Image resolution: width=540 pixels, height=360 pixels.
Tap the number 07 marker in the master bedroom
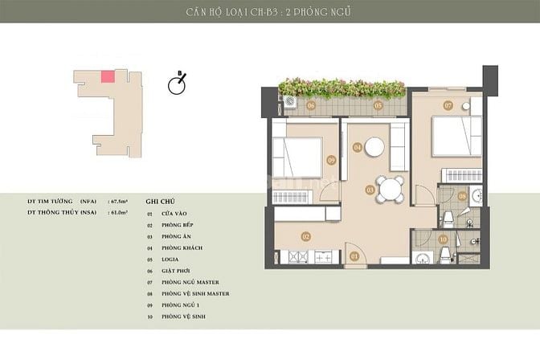tap(448, 105)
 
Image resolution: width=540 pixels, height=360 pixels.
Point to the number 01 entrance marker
tap(355, 256)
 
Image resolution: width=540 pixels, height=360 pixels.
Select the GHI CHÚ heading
tap(160, 202)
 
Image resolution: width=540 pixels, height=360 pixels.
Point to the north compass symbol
tap(178, 84)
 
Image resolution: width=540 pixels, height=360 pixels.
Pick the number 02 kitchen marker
tap(306, 236)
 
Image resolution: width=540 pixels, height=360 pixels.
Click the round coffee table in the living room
tap(374, 147)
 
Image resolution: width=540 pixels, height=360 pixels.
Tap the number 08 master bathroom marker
tap(462, 195)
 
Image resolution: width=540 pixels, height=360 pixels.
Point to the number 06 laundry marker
tap(310, 105)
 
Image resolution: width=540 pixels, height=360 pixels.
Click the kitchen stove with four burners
tap(297, 257)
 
